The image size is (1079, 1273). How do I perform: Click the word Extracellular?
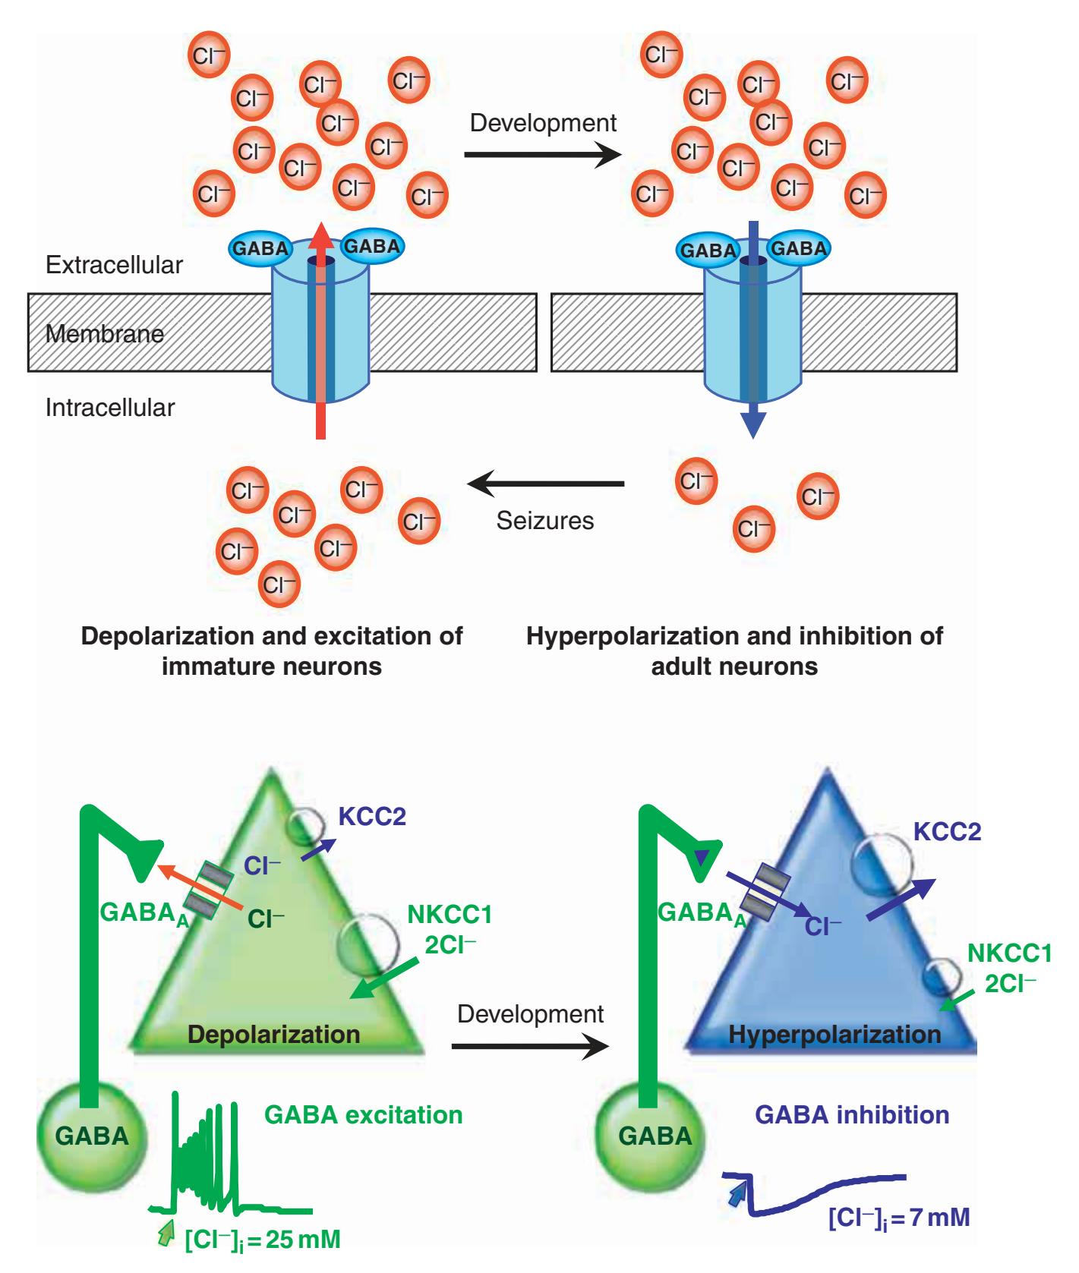tap(114, 265)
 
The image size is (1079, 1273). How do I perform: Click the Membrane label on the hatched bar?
tap(105, 333)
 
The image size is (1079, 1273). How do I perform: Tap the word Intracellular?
tap(110, 408)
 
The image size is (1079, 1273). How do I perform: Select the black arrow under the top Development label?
tap(542, 155)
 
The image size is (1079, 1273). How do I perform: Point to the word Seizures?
tap(545, 520)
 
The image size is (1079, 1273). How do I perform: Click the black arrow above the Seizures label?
tap(545, 484)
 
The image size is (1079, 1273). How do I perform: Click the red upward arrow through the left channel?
tap(320, 334)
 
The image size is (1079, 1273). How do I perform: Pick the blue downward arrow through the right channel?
tap(752, 334)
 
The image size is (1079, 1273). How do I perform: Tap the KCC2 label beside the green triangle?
tap(372, 817)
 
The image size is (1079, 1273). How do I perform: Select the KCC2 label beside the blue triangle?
tap(947, 831)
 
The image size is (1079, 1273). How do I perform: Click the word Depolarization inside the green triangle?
tap(273, 1034)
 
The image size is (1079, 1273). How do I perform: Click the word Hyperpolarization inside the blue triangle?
tap(834, 1034)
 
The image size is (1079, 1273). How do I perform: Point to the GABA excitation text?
tap(363, 1114)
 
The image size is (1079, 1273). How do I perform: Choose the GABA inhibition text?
tap(852, 1114)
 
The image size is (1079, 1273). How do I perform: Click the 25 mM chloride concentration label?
tap(263, 1240)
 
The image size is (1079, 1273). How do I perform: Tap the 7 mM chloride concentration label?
tap(899, 1218)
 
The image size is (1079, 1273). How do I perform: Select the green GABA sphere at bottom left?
tap(92, 1136)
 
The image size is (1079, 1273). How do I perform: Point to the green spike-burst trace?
tap(205, 1161)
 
